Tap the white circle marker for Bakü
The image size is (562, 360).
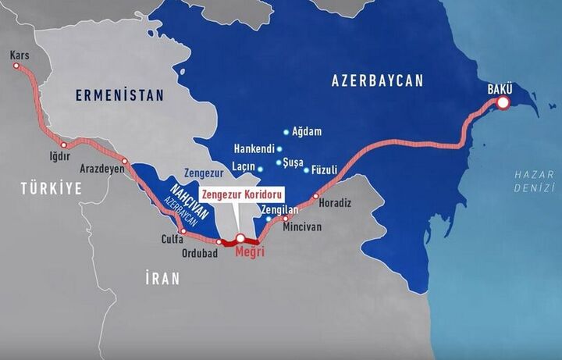pos(503,102)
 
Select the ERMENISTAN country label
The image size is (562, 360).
pos(119,95)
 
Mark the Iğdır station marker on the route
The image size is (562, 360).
pos(64,144)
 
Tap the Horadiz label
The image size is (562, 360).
pos(336,203)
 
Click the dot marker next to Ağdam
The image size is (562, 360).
pos(286,132)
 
